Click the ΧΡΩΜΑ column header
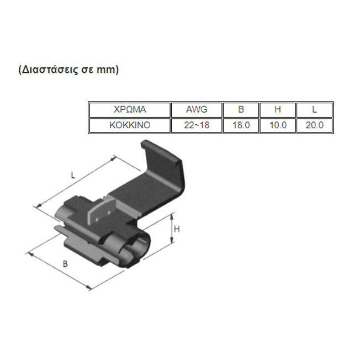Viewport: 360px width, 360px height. coord(130,109)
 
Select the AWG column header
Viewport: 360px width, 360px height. coord(197,109)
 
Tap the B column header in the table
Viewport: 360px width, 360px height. coord(241,109)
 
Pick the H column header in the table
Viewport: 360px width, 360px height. coord(278,109)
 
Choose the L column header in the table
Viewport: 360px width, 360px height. coord(314,109)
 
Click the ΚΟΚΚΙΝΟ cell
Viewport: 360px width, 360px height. coord(130,125)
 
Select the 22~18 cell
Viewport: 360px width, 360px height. coord(197,125)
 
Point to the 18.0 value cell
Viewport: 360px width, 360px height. coord(241,125)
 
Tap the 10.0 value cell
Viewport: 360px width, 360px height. coord(278,125)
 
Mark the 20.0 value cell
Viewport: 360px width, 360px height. coord(314,125)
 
